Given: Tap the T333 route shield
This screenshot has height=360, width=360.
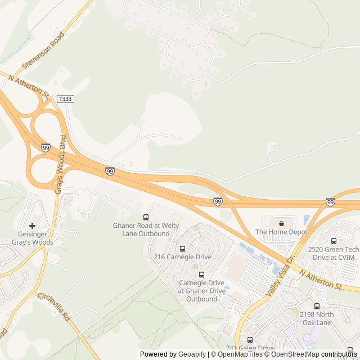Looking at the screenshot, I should pos(65,99).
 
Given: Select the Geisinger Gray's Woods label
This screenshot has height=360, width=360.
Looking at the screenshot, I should pos(33,238).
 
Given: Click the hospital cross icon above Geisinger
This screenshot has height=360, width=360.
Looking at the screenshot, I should pos(33,226).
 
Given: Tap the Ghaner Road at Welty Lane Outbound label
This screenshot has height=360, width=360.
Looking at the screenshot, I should pos(146,229).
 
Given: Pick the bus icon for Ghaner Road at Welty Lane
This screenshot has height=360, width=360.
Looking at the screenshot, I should pos(146,217).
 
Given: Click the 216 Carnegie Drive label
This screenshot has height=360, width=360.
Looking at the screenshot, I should pos(183,257).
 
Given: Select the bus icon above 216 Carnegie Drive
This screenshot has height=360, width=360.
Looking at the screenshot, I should pos(182,249).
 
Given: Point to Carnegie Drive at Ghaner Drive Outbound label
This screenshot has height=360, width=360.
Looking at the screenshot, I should pos(201,291).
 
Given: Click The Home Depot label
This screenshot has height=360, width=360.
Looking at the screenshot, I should pos(281,232).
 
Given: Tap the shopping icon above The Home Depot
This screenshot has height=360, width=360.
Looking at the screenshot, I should pos(281,223).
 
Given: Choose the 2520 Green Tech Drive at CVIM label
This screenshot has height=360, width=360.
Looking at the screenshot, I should pos(334,253).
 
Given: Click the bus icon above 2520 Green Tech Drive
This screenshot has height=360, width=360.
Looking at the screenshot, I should pos(334,241).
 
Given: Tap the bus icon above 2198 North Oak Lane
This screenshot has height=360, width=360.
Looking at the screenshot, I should pos(317,307).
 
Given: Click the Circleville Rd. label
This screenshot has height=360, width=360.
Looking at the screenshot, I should pos(53,307).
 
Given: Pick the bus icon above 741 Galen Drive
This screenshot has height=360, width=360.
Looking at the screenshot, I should pos(250,340).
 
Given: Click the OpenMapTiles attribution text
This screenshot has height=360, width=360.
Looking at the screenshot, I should pos(239,354).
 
